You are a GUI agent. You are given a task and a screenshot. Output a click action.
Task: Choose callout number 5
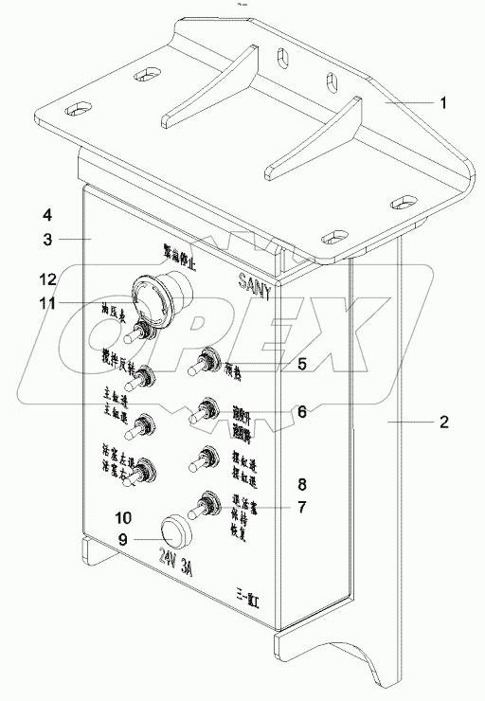[x=301, y=363]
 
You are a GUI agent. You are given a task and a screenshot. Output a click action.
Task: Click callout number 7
[x=301, y=507]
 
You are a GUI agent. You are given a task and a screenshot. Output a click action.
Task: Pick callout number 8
[x=301, y=483]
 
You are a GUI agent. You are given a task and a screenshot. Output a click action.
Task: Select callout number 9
[x=123, y=541]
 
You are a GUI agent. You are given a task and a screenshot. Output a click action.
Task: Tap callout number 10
[x=123, y=517]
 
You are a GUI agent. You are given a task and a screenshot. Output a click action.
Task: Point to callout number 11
[x=45, y=303]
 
